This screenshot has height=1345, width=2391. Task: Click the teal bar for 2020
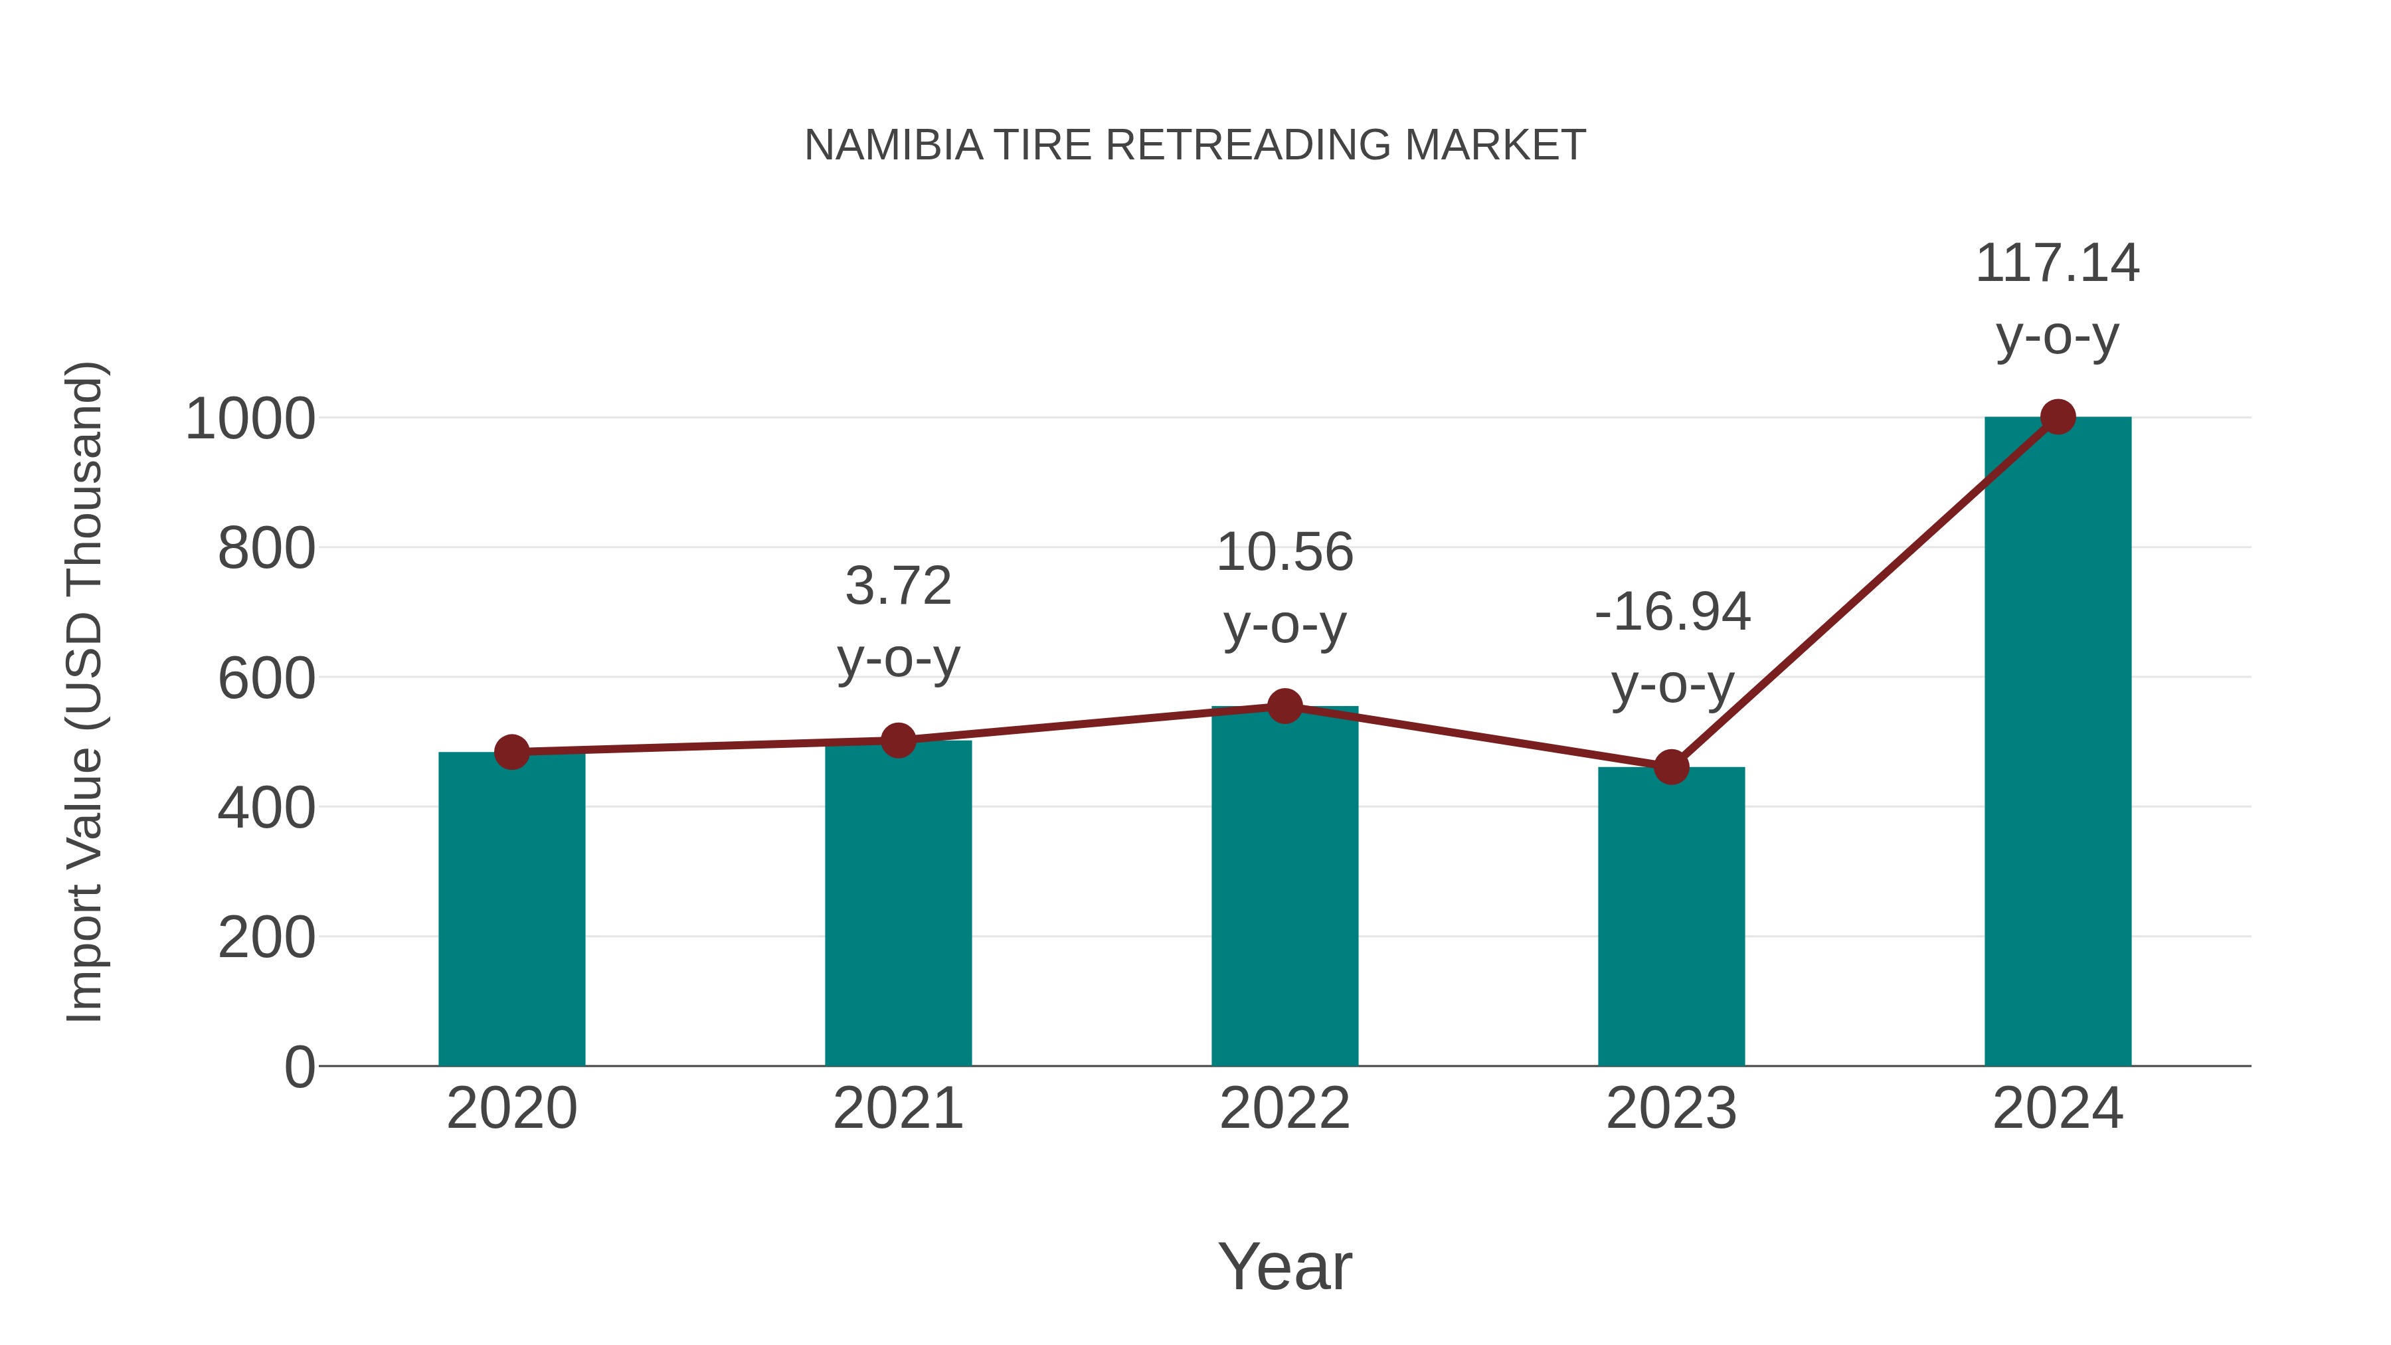511,910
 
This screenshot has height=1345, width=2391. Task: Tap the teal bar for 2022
1284,887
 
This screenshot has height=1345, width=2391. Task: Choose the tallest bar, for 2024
2058,743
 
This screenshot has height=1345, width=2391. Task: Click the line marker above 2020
511,752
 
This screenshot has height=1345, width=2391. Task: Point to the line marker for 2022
1284,707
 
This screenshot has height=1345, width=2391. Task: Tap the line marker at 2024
2058,418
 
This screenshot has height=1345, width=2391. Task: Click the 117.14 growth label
2057,264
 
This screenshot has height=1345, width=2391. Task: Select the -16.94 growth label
1672,612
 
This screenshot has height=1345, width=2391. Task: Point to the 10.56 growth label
1284,553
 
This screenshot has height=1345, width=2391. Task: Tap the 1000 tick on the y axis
250,420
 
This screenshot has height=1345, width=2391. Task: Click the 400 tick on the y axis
266,808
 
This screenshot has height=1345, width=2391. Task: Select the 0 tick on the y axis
299,1067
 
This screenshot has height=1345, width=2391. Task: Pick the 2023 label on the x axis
1671,1109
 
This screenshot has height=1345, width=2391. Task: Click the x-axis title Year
1284,1267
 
